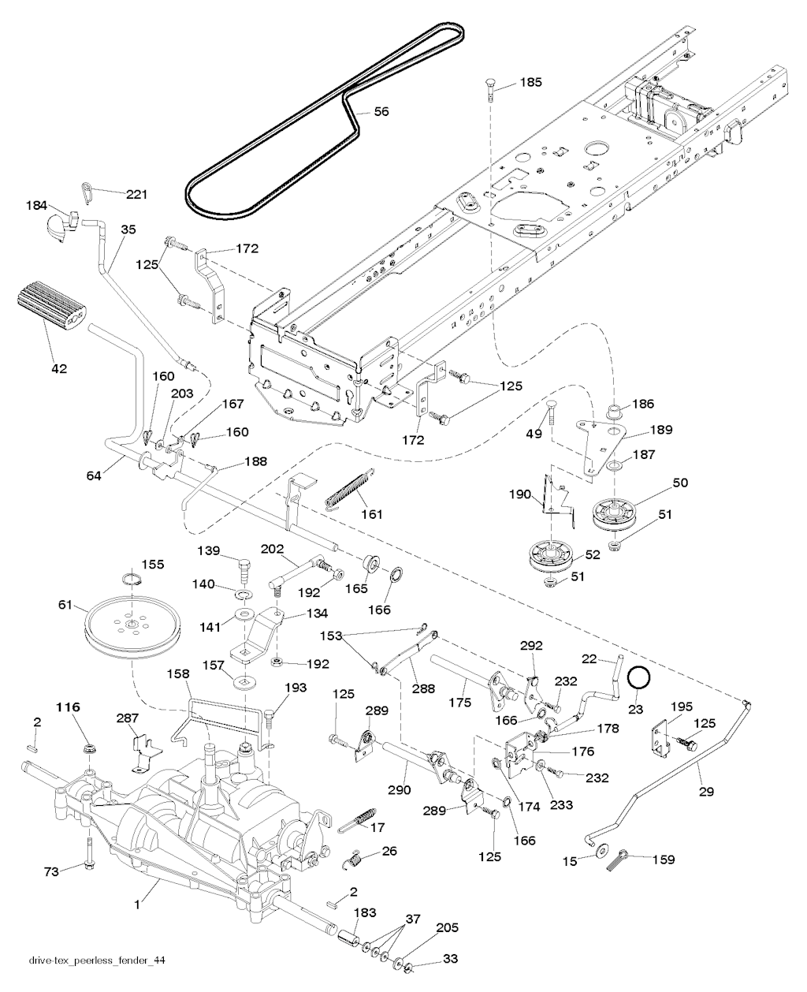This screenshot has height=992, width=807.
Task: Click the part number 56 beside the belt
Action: tap(381, 112)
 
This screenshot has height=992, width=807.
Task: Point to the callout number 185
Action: tap(532, 82)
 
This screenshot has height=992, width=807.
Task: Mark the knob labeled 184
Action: tap(58, 224)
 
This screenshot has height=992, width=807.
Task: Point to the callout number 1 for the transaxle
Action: tap(136, 905)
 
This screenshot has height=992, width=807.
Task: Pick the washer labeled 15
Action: tap(601, 850)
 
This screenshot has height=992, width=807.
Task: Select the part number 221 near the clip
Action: tap(137, 193)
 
